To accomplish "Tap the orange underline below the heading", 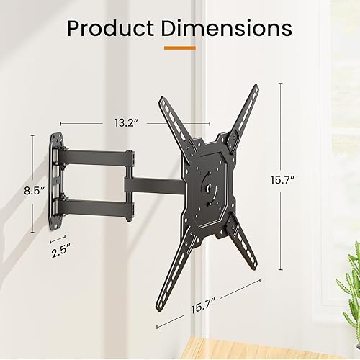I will click(179, 48).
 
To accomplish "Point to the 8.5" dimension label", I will click(34, 192).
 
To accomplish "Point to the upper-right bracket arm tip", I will click(255, 89).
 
